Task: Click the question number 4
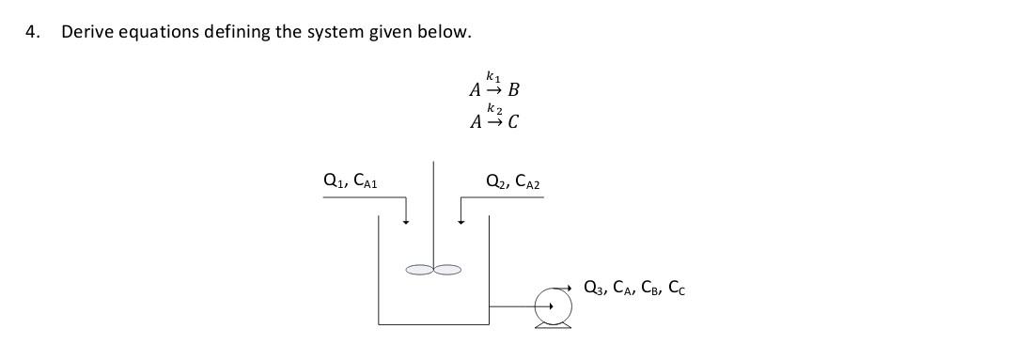[x=32, y=32]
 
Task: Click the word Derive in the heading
[x=84, y=32]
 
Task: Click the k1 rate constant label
[x=493, y=75]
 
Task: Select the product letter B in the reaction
[x=513, y=91]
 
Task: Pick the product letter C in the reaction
[x=513, y=123]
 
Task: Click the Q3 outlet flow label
[x=594, y=288]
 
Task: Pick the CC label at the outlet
[x=676, y=289]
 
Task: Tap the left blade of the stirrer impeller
[x=419, y=271]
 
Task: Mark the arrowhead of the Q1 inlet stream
[x=406, y=222]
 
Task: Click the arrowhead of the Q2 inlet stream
[x=461, y=222]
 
